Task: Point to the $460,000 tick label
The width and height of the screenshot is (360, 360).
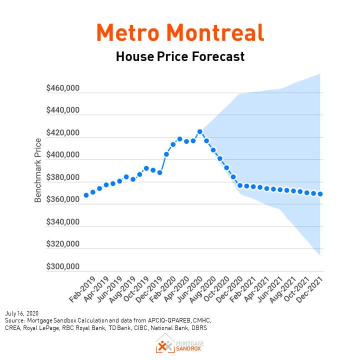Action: tap(63, 88)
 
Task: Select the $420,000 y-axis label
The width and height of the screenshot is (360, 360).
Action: tap(63, 133)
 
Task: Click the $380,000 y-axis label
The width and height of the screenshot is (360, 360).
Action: tap(63, 177)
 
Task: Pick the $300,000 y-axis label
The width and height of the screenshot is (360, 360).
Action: tap(63, 266)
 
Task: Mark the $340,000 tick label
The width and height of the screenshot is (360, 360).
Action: tap(63, 222)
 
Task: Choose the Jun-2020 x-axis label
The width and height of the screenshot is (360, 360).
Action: tap(183, 287)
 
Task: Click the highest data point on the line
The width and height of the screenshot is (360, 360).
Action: tap(200, 131)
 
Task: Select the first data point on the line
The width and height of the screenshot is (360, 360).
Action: tap(86, 195)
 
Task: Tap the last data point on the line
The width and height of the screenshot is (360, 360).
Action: tap(320, 194)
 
